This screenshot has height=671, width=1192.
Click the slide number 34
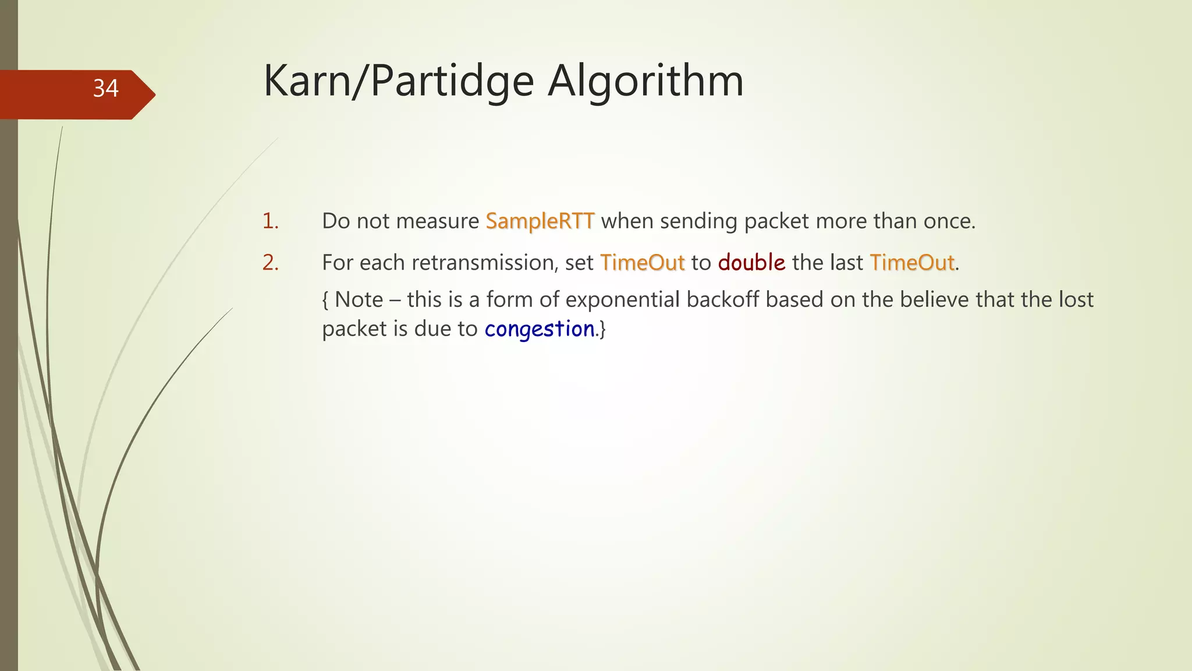(105, 89)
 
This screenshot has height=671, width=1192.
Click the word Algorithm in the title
(645, 80)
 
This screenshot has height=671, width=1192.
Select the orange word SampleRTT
(540, 221)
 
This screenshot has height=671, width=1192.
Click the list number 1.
(270, 221)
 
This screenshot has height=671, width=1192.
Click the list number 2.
(270, 263)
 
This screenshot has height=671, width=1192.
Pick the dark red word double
(751, 263)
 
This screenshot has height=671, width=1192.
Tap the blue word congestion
(540, 329)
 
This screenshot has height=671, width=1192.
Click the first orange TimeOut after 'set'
(642, 263)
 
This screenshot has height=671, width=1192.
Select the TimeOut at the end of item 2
(912, 263)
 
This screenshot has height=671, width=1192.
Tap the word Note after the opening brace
(359, 300)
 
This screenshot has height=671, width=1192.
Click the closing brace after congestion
(602, 330)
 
